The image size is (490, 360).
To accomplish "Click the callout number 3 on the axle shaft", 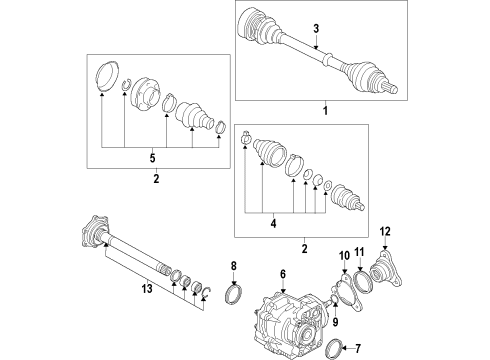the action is (316, 29).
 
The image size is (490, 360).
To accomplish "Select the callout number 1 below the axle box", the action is (325, 110).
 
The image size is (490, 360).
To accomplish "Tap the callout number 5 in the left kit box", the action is (152, 158).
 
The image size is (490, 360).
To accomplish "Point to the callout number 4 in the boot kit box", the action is (273, 223).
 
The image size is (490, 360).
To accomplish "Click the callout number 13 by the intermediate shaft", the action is (147, 288).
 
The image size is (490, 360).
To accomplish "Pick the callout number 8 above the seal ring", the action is (234, 266).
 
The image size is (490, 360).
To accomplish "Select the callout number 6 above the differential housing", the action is (283, 274).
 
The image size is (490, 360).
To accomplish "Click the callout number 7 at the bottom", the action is (358, 349).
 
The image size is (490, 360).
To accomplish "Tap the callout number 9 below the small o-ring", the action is (335, 321).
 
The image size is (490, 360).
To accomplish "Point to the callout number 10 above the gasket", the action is (344, 256).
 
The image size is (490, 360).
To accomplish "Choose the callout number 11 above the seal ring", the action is (359, 252).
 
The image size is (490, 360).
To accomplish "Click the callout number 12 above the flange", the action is (385, 231).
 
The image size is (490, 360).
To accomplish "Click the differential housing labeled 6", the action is (288, 322).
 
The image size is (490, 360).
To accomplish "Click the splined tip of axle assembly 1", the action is (393, 88).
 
